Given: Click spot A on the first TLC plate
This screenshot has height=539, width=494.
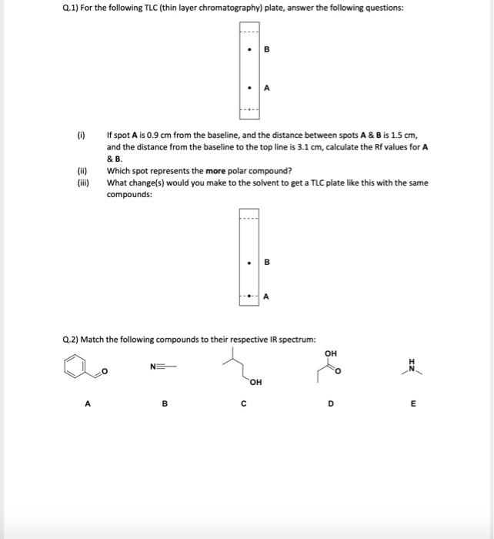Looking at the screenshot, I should [249, 87].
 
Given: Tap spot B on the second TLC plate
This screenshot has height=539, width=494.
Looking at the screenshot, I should [249, 263].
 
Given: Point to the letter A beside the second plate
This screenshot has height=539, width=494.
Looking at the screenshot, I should [266, 296].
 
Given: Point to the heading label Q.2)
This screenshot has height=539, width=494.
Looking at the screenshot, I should [71, 339].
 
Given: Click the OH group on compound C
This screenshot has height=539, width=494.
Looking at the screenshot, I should [255, 381].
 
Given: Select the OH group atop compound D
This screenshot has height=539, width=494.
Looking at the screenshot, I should [331, 353].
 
